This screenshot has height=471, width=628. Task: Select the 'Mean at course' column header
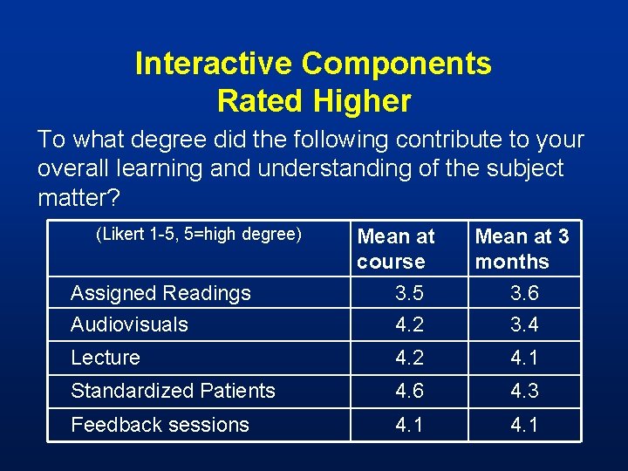396,249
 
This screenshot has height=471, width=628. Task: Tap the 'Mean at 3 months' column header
522,249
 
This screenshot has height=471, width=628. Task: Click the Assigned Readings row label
160,293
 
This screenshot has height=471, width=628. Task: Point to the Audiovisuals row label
129,324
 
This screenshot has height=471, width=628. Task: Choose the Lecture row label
106,358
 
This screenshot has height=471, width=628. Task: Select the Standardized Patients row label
173,391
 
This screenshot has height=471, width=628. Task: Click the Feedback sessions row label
160,425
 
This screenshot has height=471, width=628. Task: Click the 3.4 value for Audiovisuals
524,324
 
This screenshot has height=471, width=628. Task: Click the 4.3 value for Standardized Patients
524,391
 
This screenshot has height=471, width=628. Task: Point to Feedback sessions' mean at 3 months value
524,425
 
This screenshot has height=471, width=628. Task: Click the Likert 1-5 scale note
199,234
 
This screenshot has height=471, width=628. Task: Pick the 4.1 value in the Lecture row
524,358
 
